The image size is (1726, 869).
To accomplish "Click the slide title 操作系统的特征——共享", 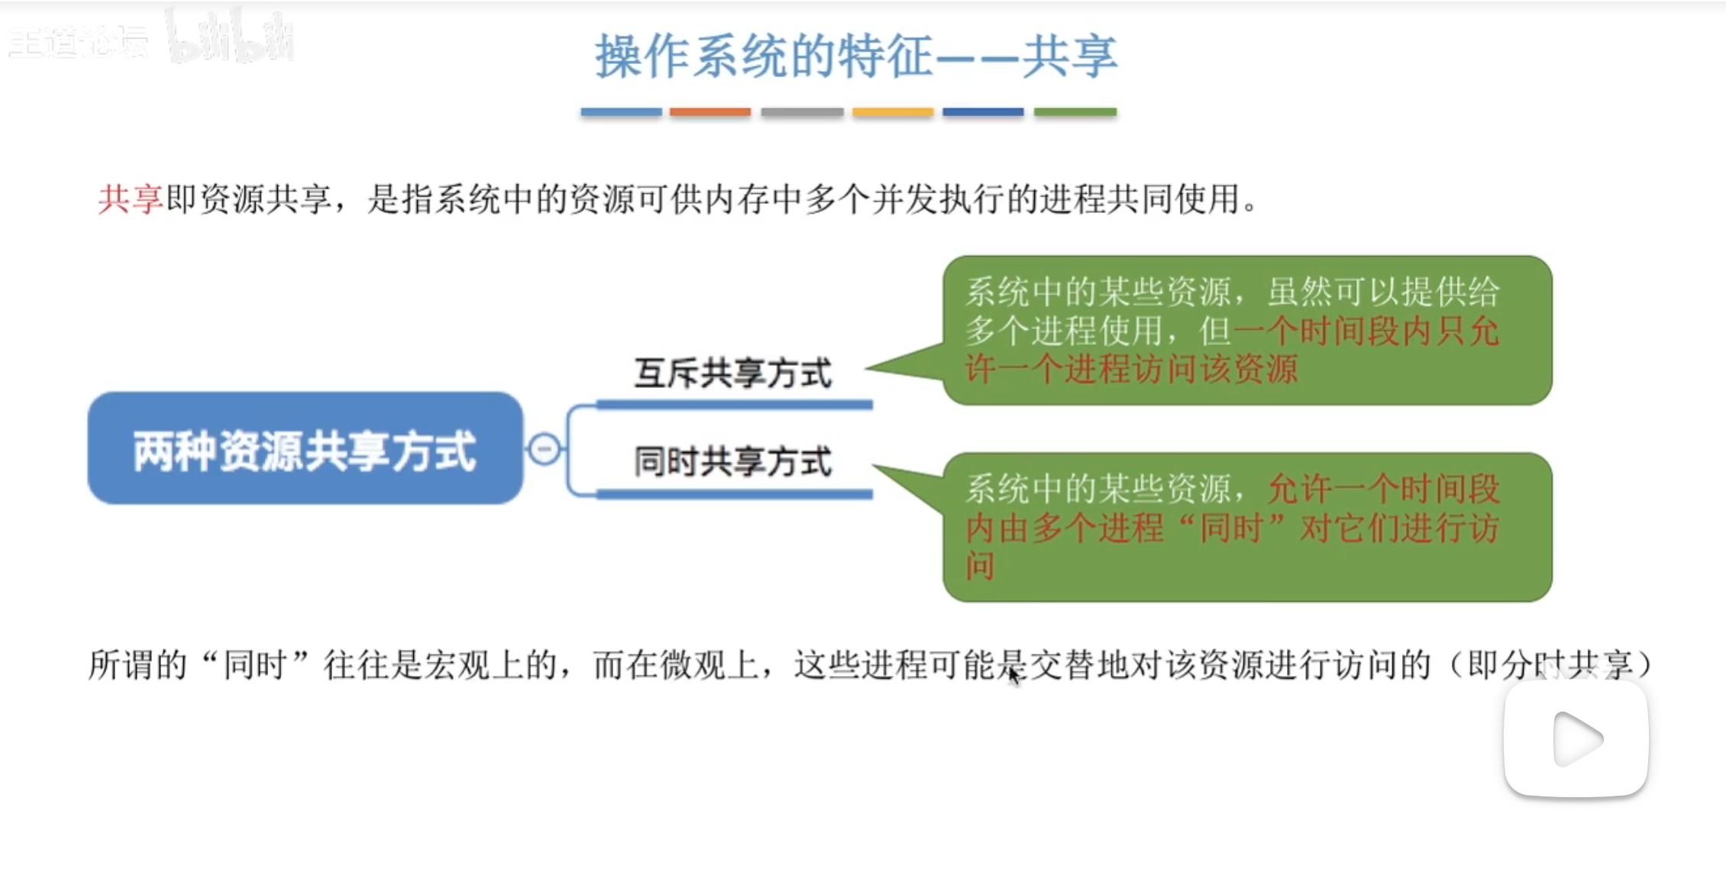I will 855,57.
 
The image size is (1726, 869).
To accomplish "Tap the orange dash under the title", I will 710,112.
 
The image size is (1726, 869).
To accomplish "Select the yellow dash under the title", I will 893,112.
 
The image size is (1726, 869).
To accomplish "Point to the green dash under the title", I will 1075,112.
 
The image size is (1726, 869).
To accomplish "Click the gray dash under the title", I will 802,112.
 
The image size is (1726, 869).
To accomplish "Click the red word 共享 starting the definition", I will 130,200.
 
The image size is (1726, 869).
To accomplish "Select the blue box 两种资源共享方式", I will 305,448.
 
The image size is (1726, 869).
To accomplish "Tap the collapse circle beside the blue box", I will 545,448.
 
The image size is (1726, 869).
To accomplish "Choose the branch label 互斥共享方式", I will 732,373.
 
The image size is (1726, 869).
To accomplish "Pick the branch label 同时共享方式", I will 732,462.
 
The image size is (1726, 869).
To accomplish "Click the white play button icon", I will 1576,738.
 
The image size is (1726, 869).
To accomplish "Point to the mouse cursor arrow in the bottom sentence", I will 1013,675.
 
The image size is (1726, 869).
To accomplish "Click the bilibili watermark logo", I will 229,37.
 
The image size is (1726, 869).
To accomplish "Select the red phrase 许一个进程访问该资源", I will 1130,370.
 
